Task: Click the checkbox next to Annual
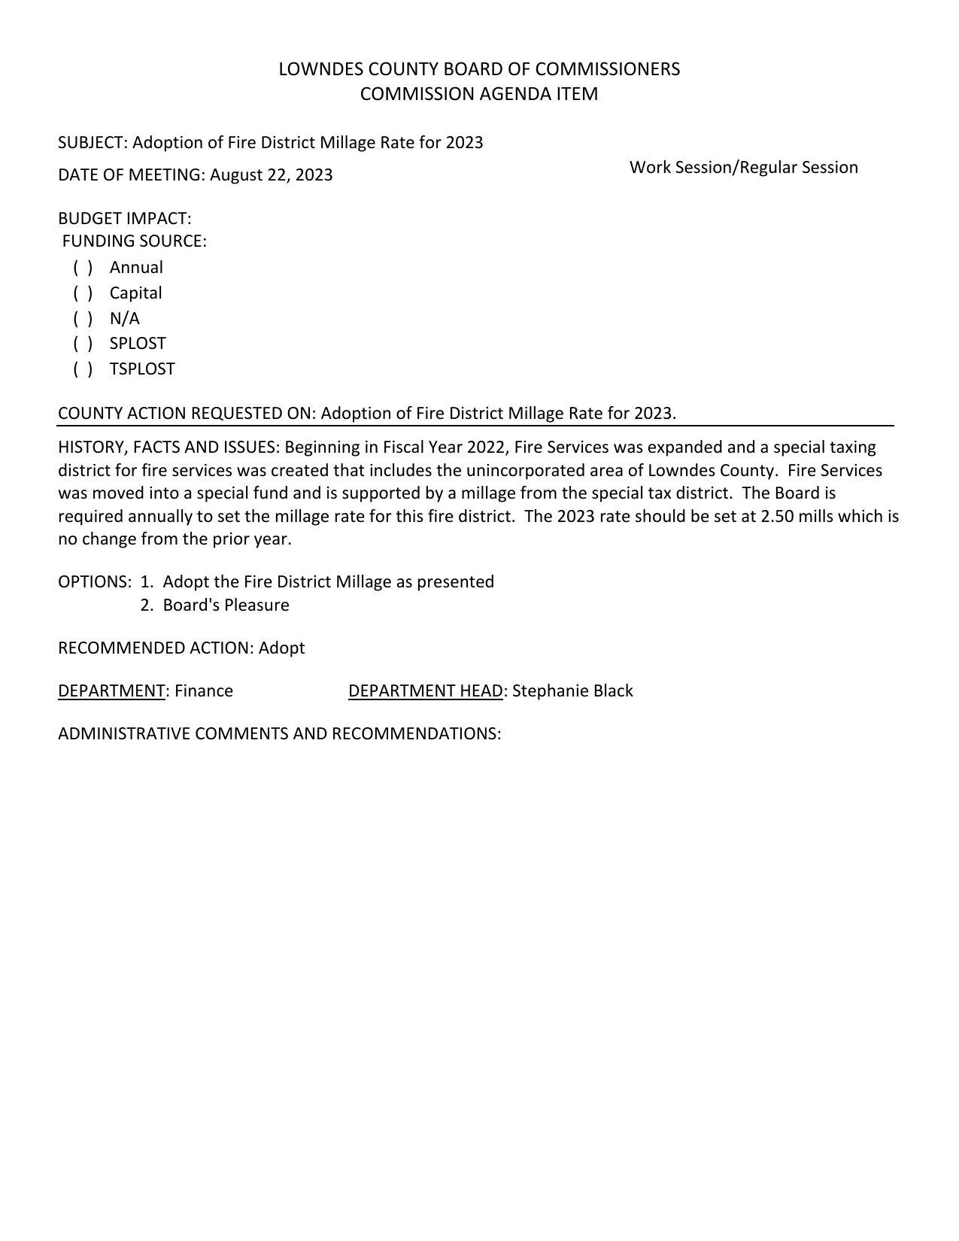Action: coord(83,268)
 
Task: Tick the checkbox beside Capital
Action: coord(83,293)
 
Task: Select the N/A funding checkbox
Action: coord(83,319)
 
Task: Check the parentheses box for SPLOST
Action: coord(83,344)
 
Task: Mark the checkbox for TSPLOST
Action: coord(83,369)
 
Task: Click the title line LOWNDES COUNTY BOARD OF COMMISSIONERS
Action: coord(479,69)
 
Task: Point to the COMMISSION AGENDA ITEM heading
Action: coord(479,94)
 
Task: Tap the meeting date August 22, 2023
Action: coord(271,175)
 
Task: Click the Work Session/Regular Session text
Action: coord(743,168)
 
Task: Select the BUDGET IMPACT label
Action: coord(124,219)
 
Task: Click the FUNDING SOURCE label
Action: coord(134,241)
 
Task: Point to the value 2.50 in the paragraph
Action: coord(777,517)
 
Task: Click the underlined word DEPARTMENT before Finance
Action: coord(111,691)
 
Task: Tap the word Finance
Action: coord(204,691)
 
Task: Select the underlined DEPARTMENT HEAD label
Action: coord(425,691)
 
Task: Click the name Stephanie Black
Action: coord(572,691)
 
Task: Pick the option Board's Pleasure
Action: coord(226,605)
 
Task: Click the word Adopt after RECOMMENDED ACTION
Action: coord(281,648)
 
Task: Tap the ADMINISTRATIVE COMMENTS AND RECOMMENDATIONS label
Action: coord(279,734)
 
